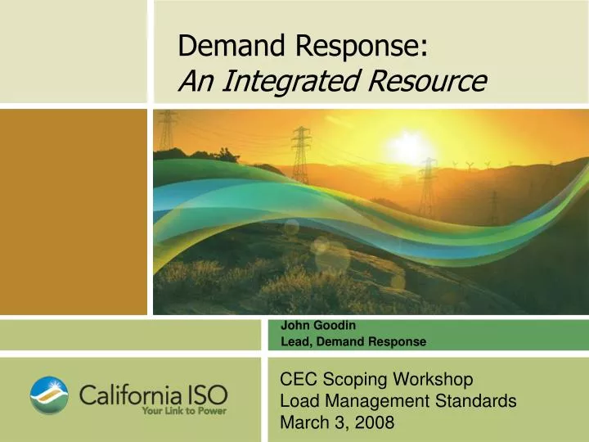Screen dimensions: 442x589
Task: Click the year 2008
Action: tap(375, 423)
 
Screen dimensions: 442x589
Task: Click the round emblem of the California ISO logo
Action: tap(50, 395)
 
